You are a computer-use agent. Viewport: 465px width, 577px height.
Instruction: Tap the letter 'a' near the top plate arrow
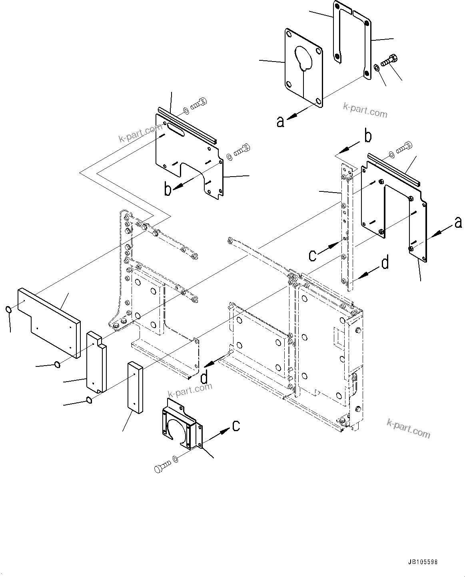[x=281, y=121]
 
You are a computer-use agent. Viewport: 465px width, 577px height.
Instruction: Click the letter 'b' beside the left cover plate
[x=168, y=189]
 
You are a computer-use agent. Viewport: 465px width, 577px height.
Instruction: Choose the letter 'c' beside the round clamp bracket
[x=236, y=426]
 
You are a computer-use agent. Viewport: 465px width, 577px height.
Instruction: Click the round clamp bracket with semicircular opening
[x=181, y=424]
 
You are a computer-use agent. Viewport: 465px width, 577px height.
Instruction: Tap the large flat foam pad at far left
[x=48, y=320]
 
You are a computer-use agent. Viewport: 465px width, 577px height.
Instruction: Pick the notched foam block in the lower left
[x=97, y=361]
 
